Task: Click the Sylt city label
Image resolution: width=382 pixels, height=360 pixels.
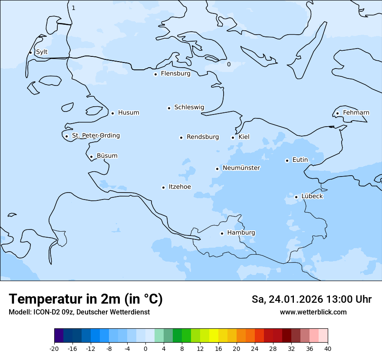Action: (x=42, y=52)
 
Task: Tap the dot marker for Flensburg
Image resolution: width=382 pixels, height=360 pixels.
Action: (x=155, y=74)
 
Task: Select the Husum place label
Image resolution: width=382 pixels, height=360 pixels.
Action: (x=128, y=113)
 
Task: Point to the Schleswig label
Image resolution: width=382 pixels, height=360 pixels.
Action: (x=189, y=107)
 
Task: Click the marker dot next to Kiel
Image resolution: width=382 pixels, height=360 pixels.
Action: (x=233, y=137)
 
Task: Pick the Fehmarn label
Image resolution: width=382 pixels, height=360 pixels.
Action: (x=356, y=113)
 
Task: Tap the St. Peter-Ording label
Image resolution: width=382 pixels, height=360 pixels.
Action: (x=95, y=136)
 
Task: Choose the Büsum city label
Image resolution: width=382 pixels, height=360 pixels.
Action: (x=107, y=156)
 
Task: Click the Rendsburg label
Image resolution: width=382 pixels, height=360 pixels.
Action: (x=203, y=137)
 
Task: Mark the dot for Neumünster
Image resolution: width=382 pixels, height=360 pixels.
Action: (x=217, y=169)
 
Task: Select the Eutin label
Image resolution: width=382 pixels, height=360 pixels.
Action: (x=300, y=160)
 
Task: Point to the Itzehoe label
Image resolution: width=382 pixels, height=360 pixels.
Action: (x=180, y=187)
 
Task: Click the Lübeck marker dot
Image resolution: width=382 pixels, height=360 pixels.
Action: (x=296, y=197)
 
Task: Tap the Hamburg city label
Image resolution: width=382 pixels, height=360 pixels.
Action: (x=241, y=233)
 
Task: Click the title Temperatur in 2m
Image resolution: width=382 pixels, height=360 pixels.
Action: (x=86, y=299)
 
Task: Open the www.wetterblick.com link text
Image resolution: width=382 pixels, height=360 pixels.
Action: (x=313, y=312)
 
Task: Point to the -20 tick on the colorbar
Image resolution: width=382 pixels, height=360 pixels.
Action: (x=54, y=349)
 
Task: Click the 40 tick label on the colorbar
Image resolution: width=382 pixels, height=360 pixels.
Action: (x=328, y=349)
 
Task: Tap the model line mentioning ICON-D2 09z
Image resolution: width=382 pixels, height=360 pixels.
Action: (x=79, y=312)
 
